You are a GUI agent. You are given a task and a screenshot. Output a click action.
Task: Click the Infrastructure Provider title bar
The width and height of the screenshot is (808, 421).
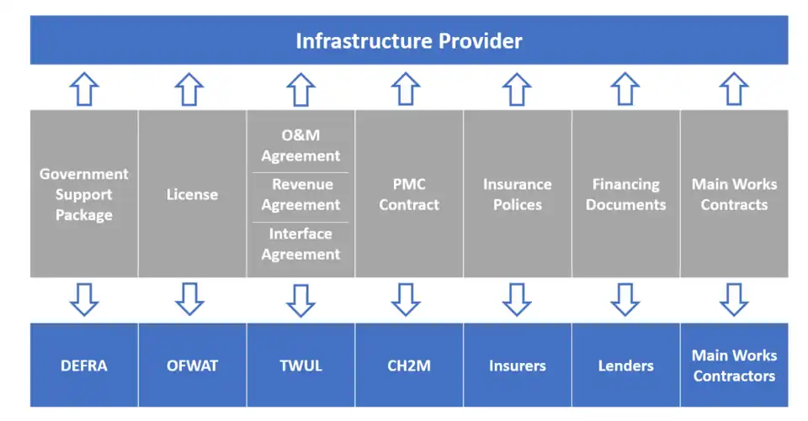[409, 40]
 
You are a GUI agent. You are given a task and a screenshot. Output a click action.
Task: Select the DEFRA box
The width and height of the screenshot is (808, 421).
[84, 366]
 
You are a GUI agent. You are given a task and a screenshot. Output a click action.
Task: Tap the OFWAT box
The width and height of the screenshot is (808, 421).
[192, 366]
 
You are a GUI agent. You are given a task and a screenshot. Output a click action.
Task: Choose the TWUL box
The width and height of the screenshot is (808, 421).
[300, 366]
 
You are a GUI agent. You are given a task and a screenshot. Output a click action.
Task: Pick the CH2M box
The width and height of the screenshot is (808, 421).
[409, 366]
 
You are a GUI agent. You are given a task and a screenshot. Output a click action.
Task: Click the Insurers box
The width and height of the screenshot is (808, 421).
[517, 366]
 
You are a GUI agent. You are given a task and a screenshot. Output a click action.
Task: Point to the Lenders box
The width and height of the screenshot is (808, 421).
[625, 366]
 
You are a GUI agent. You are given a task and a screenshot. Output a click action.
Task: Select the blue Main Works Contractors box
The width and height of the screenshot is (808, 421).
[734, 366]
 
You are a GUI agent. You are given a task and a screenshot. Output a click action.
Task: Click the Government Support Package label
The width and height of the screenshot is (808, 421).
[84, 194]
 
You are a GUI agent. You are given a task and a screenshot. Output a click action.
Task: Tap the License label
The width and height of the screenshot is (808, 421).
[192, 194]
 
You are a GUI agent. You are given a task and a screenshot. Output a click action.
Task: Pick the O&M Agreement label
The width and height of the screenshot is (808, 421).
[300, 145]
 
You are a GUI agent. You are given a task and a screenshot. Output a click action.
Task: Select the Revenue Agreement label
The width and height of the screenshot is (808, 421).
[300, 194]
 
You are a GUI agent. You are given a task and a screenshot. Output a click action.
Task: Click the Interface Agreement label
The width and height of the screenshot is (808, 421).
[300, 244]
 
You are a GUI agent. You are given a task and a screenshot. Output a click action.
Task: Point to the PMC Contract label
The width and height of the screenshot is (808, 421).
[409, 194]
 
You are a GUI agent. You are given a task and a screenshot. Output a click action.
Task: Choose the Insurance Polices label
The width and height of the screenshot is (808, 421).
[517, 194]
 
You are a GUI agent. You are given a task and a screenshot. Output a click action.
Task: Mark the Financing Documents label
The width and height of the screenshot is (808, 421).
[625, 194]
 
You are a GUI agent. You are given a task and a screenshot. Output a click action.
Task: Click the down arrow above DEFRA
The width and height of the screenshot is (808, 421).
[84, 299]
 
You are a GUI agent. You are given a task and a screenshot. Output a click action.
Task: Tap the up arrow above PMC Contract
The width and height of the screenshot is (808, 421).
[409, 89]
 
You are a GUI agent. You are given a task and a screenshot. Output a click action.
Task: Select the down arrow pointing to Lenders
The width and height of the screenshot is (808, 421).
[625, 299]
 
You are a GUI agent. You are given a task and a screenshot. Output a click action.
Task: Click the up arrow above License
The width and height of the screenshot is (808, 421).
[192, 89]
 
